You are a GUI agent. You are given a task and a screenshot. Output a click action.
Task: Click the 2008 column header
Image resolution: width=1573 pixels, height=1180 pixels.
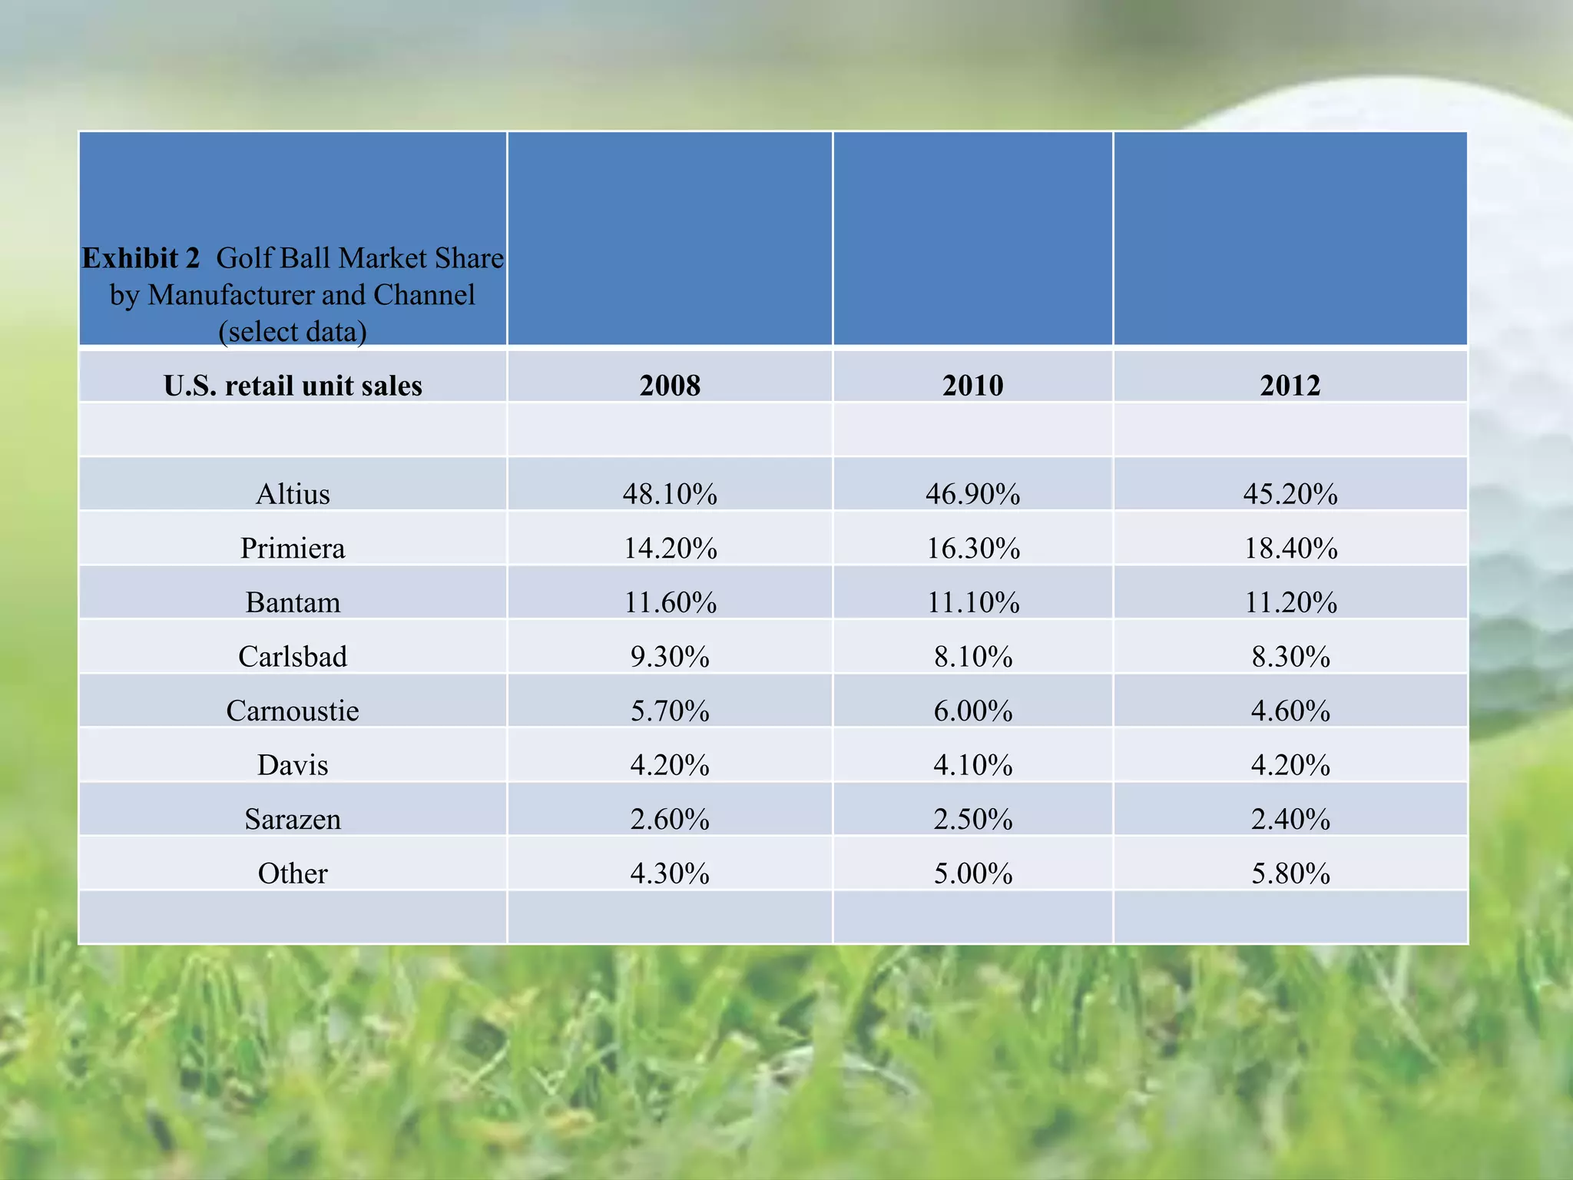click(670, 385)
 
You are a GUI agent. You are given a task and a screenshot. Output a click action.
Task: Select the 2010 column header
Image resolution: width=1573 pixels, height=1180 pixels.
click(972, 385)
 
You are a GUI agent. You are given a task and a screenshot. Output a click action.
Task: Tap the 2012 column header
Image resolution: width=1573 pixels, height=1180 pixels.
click(1290, 385)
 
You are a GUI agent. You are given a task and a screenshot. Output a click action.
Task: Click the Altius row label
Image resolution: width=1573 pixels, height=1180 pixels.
click(293, 493)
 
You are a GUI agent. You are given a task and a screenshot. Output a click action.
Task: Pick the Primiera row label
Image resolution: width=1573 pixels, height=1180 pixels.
click(293, 548)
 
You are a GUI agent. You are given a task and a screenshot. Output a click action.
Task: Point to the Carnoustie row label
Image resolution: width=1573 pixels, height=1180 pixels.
click(293, 711)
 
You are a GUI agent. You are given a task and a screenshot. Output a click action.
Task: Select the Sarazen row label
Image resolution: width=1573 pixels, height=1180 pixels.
click(293, 819)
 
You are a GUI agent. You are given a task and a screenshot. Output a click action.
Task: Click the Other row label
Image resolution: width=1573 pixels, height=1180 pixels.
click(293, 873)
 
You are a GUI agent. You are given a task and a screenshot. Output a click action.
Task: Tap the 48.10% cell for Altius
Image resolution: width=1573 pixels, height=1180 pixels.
click(670, 493)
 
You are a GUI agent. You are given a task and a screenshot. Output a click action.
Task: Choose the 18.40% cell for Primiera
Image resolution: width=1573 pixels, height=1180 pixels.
click(1290, 548)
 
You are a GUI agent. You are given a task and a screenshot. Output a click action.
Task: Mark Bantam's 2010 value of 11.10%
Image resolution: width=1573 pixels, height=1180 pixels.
click(973, 602)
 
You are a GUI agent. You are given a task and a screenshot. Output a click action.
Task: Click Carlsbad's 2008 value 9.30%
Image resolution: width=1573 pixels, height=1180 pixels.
click(670, 657)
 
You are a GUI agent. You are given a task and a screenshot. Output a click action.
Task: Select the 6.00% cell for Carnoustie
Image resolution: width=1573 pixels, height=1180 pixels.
click(973, 711)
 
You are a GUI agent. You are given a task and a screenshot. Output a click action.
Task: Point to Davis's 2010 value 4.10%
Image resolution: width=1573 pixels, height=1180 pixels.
click(973, 765)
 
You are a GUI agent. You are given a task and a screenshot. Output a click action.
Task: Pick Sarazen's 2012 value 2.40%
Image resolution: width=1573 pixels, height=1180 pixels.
click(1290, 819)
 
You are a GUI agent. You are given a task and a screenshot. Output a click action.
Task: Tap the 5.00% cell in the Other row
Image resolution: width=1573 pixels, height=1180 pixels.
click(973, 873)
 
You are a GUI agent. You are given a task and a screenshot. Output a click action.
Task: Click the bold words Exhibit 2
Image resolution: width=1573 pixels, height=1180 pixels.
click(141, 258)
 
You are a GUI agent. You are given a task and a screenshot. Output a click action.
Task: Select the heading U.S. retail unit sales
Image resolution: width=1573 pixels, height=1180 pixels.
click(293, 385)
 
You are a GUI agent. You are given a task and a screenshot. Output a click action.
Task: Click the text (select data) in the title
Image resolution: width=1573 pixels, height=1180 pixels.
click(293, 332)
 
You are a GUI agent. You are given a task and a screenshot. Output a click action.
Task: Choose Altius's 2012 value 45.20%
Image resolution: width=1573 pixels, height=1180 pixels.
click(1290, 493)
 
